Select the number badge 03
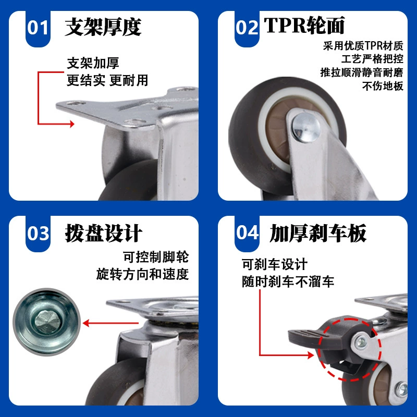coord(38,234)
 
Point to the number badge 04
coord(247,234)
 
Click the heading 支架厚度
coord(103,27)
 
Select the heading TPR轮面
coord(304,25)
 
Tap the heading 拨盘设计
coord(103,233)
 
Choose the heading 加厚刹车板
coord(318,233)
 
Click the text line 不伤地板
coord(383,86)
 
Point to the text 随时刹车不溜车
coord(288,281)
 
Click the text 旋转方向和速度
coord(142,274)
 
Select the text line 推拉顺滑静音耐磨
coord(362,72)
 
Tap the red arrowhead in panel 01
coord(72,124)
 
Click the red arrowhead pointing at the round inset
coord(85,323)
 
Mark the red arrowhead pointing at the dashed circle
coord(311,355)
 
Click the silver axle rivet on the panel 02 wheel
coord(306,127)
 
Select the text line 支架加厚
coord(93,63)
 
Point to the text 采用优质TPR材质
coord(363,46)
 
